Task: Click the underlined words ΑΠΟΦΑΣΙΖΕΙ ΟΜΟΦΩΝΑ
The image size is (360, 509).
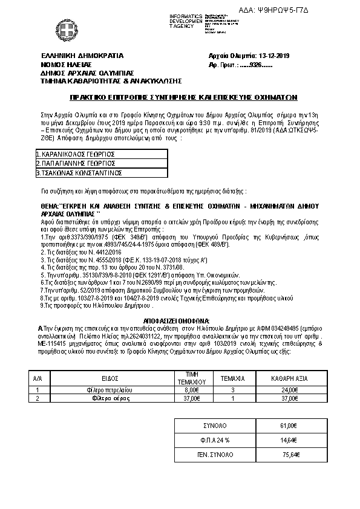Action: [177, 319]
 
